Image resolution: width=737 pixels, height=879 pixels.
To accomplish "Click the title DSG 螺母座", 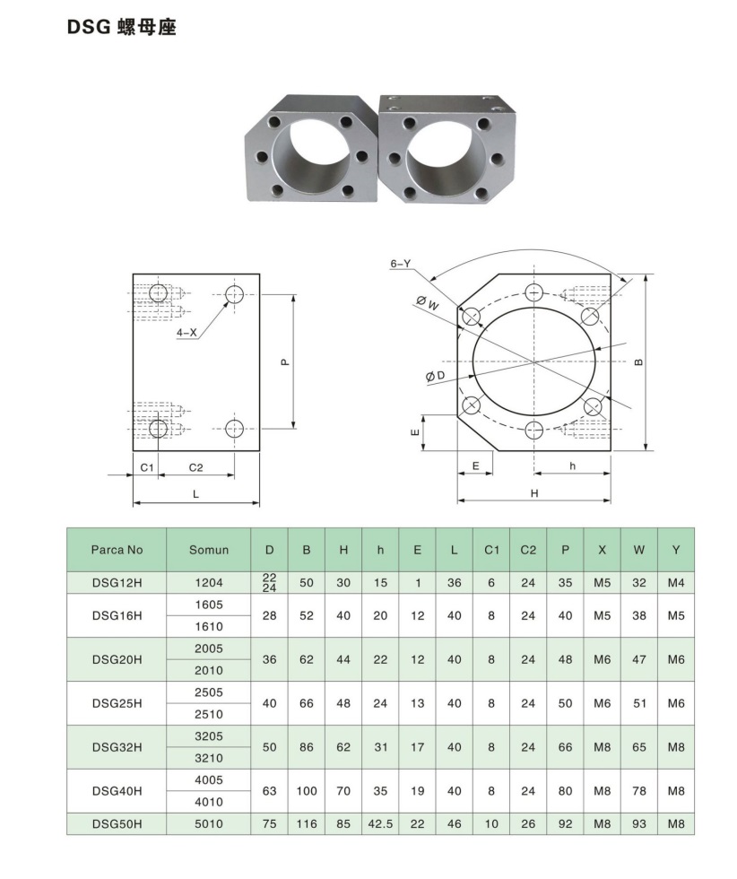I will coord(122,28).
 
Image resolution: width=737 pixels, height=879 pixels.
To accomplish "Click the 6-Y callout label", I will coord(400,264).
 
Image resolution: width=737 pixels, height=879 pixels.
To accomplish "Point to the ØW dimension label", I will coord(429,303).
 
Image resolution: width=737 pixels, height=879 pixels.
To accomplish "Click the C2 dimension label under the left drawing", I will coord(196,468).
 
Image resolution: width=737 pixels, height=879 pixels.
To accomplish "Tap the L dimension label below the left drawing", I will coord(195,494).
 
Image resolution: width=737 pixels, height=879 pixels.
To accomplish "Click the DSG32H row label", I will coord(117,747).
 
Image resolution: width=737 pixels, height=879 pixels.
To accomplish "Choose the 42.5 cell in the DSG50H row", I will coord(380,823).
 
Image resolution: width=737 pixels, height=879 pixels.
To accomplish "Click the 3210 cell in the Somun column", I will coord(209,758).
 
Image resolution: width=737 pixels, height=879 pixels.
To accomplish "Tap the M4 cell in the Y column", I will coord(675,583).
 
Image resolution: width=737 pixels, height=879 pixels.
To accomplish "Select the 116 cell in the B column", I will coord(307,823).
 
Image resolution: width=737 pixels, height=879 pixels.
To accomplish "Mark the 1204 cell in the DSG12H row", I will coord(209,583).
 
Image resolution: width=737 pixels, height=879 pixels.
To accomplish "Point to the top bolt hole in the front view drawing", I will coord(535,292).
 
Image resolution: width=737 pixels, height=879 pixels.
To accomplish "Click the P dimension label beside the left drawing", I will coord(284,362).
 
